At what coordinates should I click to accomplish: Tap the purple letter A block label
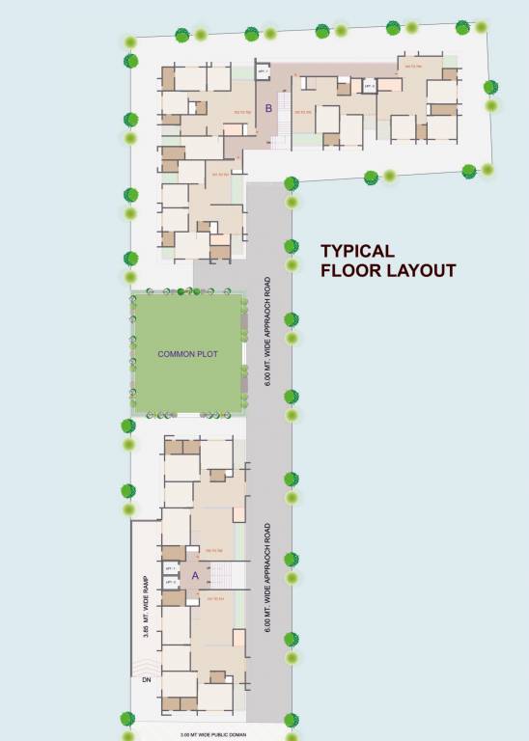[x=194, y=575]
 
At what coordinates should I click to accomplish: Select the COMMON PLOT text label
[x=187, y=354]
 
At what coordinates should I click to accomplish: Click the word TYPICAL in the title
[x=357, y=251]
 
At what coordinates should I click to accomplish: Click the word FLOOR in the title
[x=346, y=271]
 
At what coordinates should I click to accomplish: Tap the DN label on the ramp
[x=147, y=679]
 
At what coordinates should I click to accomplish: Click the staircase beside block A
[x=221, y=576]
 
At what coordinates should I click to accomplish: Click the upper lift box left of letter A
[x=171, y=569]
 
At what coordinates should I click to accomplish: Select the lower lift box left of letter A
[x=171, y=583]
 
